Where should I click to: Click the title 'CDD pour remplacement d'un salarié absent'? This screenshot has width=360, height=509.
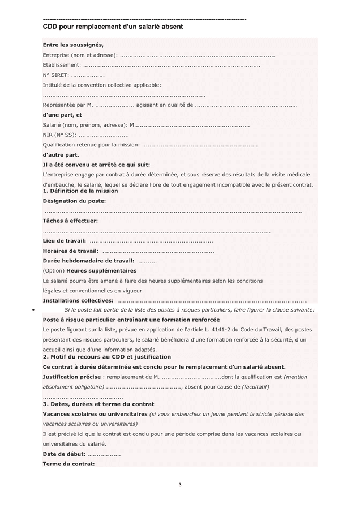(113, 27)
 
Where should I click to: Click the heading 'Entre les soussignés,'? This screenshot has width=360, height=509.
(73, 45)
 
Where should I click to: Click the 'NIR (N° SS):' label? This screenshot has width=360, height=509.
(59, 135)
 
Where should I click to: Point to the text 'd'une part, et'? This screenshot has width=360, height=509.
(62, 115)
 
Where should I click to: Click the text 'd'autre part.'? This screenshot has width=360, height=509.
(61, 154)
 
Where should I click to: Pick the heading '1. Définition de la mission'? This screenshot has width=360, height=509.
(80, 191)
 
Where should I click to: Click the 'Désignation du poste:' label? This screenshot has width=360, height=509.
(74, 201)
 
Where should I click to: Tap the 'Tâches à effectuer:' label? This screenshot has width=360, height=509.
(70, 221)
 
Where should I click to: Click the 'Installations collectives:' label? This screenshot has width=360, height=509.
(78, 300)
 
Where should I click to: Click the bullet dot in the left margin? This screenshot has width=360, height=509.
(34, 310)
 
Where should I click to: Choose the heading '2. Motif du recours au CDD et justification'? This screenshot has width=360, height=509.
(107, 357)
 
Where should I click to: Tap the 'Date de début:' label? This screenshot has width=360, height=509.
(64, 454)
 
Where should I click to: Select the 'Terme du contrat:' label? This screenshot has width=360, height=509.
(68, 464)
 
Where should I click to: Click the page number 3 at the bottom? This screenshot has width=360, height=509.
(180, 485)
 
